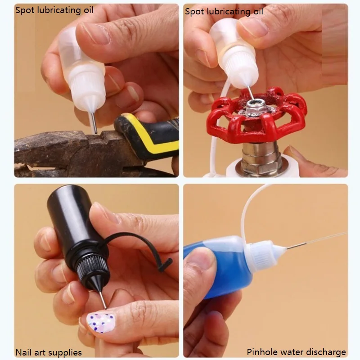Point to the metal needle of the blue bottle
coord(296,246)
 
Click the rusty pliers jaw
coord(58,149)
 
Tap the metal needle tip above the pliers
coord(95,132)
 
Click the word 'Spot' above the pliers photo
coord(25,10)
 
